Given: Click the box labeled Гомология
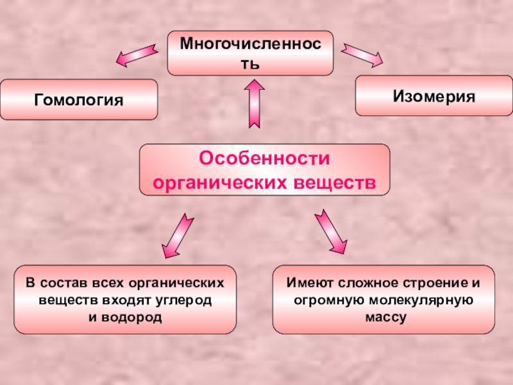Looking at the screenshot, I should coord(78,99).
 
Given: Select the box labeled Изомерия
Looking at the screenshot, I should coord(434,96).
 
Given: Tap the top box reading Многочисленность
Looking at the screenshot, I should coord(250,53).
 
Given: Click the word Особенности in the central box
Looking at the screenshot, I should coord(264,158).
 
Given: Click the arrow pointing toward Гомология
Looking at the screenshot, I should coord(137,55).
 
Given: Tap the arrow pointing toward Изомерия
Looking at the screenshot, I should coord(362,55).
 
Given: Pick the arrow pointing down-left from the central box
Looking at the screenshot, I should coord(175,235).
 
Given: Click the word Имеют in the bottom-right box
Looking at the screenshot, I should coord(307,283).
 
